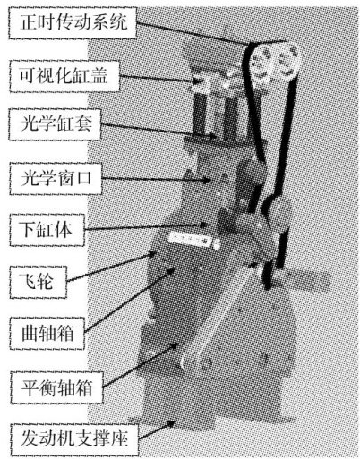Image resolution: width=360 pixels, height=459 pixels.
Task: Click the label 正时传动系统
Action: point(73,22)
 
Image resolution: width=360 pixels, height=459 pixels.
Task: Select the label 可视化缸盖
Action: point(64,75)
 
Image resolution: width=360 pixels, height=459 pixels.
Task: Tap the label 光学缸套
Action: point(56,123)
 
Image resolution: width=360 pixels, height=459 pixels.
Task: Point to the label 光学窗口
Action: point(56,178)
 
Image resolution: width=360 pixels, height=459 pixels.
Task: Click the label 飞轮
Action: point(37,282)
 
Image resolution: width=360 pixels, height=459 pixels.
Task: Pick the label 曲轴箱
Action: point(47,333)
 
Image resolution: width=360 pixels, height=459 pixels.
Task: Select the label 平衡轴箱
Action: point(56,388)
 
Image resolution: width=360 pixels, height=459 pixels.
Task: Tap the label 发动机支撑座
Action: point(74,438)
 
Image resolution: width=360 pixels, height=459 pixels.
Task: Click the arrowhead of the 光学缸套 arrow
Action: point(212,137)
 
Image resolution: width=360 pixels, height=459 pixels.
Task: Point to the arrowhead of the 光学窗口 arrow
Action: point(207,180)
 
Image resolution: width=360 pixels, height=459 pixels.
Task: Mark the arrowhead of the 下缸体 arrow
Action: point(203,225)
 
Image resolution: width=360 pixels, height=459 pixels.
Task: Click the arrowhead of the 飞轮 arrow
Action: point(152,254)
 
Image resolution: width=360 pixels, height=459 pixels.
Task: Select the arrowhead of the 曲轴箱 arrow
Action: point(171,271)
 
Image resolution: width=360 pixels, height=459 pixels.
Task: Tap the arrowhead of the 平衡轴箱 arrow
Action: point(176,345)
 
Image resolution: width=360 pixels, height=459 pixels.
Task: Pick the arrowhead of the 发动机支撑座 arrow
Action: point(171,423)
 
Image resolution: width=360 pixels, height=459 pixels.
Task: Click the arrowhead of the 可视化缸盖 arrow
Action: point(197,81)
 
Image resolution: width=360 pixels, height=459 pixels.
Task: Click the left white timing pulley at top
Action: point(260,64)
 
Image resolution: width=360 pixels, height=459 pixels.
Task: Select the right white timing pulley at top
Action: point(287,62)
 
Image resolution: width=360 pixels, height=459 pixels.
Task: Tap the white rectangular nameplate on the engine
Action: point(190,239)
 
